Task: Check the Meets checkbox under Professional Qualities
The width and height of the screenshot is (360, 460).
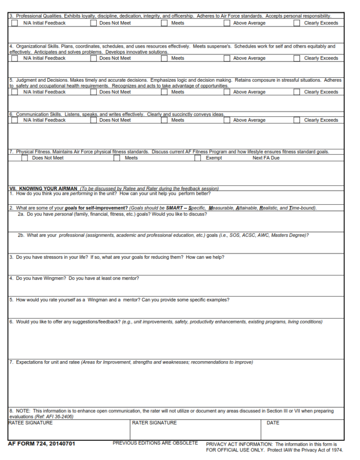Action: pos(164,23)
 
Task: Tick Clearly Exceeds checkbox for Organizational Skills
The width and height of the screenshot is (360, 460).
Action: pos(297,58)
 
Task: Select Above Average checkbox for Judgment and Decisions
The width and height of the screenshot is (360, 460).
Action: pos(227,92)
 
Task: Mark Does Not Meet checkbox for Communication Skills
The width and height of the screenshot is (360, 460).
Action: pos(93,120)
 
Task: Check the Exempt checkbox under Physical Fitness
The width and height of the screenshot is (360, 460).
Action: pos(198,158)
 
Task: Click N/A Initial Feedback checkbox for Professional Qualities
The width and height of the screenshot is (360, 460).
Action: pos(15,23)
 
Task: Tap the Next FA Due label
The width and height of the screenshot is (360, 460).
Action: pos(266,158)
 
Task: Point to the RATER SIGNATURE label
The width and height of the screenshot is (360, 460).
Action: pos(154,423)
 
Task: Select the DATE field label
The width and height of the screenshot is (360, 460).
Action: pos(273,423)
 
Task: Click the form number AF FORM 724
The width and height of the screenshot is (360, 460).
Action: pos(41,444)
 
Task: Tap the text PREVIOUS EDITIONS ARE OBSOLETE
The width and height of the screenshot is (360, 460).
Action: pos(155,443)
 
